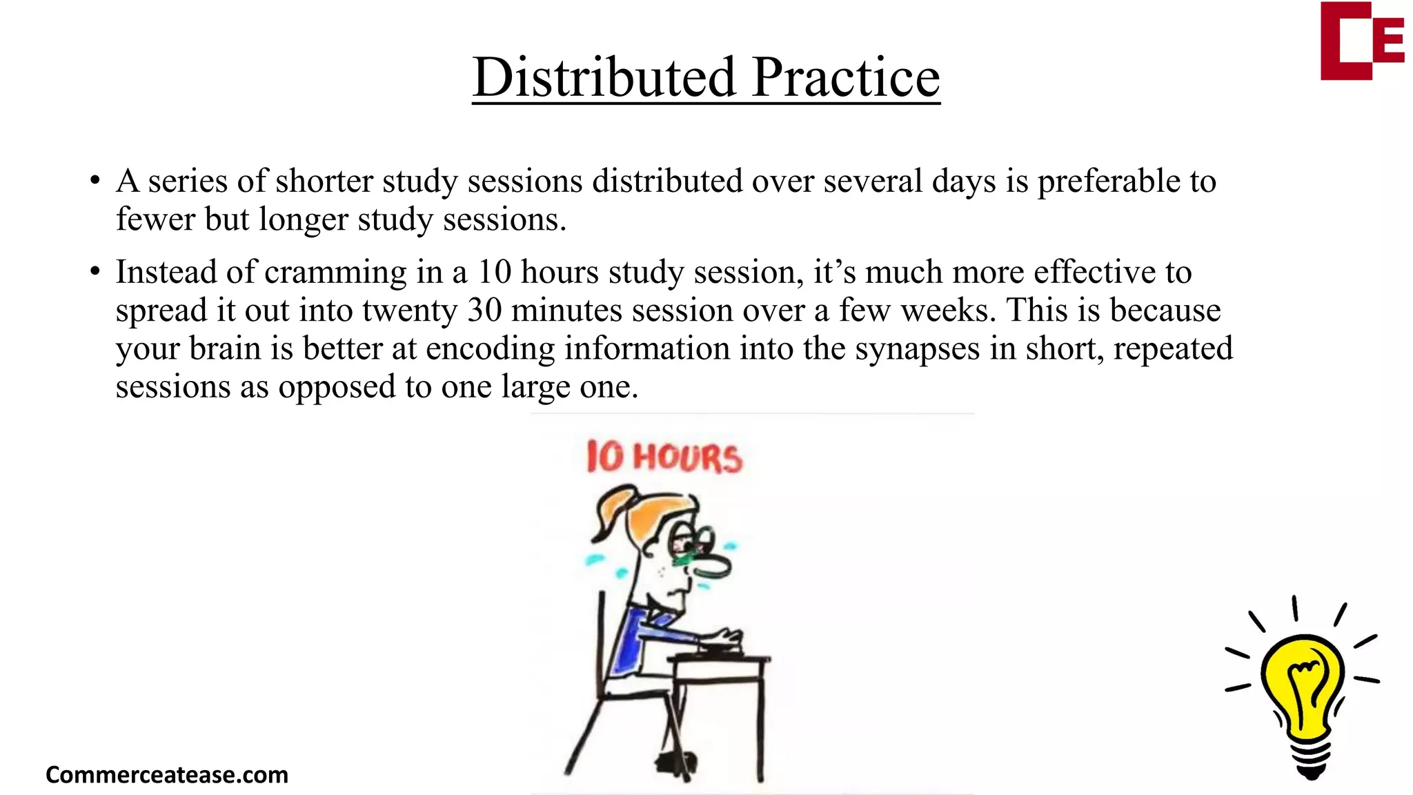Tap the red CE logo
1361,41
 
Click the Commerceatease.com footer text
167,774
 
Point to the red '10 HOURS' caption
664,458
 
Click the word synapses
917,349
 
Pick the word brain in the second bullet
225,349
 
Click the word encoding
490,349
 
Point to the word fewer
155,219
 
